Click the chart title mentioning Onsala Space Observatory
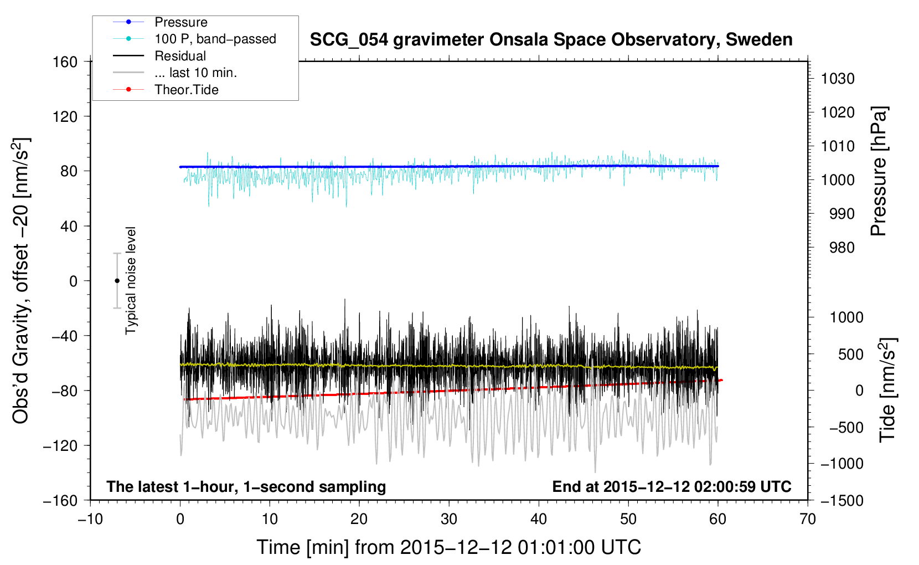551,40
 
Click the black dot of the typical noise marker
117,281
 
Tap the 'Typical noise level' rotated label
131,281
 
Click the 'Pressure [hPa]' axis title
879,171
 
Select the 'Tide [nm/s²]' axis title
888,390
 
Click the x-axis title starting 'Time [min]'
449,547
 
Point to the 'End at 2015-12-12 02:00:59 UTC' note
672,486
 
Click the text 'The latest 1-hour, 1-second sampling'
246,487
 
